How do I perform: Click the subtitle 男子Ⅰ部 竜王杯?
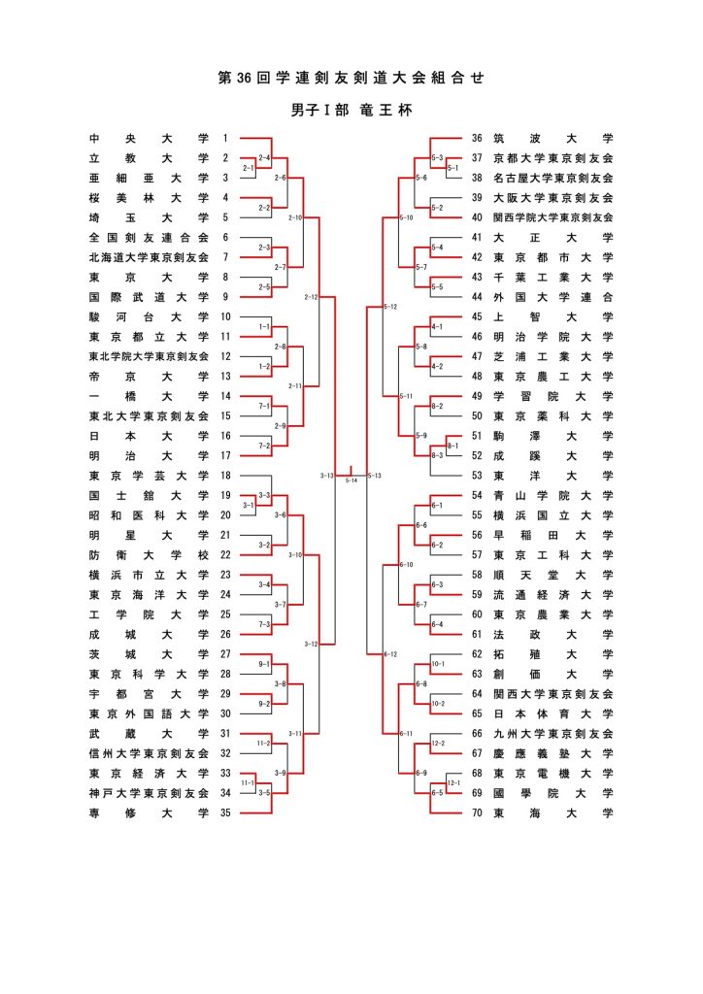pyautogui.click(x=351, y=111)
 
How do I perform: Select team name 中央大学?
pyautogui.click(x=148, y=139)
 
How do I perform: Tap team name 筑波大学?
pyautogui.click(x=552, y=139)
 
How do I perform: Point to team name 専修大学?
pyautogui.click(x=148, y=813)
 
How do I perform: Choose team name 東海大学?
pyautogui.click(x=552, y=813)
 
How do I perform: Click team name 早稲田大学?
pyautogui.click(x=552, y=535)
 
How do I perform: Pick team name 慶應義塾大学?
pyautogui.click(x=552, y=753)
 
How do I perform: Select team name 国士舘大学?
pyautogui.click(x=148, y=495)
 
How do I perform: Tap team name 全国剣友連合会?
pyautogui.click(x=148, y=237)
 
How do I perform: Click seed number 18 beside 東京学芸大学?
pyautogui.click(x=225, y=476)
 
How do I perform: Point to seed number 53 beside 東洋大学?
pyautogui.click(x=477, y=476)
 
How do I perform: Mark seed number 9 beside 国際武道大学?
pyautogui.click(x=225, y=297)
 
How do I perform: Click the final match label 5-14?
pyautogui.click(x=351, y=480)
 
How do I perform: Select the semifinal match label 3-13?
pyautogui.click(x=326, y=476)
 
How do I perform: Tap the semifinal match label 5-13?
pyautogui.click(x=375, y=476)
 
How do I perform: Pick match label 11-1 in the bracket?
pyautogui.click(x=247, y=782)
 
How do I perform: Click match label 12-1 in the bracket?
pyautogui.click(x=453, y=782)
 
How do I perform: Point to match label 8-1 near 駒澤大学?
pyautogui.click(x=453, y=444)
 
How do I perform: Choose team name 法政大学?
pyautogui.click(x=552, y=634)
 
